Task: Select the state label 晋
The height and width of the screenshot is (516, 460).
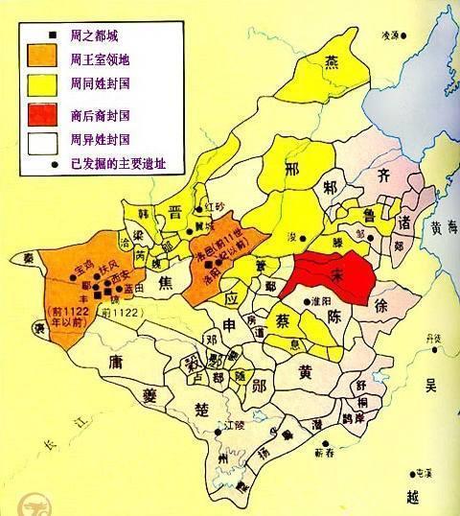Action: click(x=176, y=213)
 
